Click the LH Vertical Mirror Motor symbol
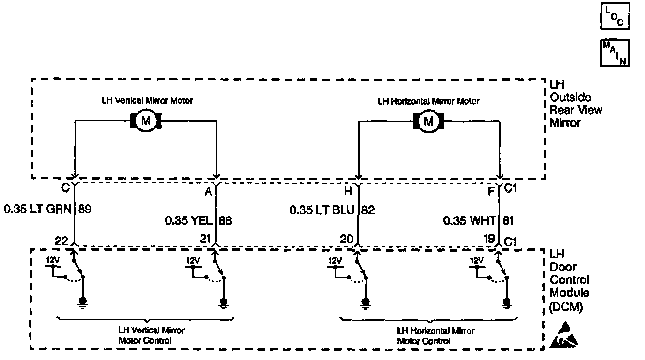point(146,121)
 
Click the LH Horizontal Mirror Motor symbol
point(428,121)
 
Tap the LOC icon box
point(615,17)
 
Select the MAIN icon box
point(615,52)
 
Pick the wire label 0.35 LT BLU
point(322,210)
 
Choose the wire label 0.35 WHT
point(470,220)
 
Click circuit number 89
point(85,209)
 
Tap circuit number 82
point(368,210)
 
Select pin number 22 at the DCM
point(61,240)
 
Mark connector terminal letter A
point(208,192)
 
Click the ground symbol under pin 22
point(83,302)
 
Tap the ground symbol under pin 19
point(506,302)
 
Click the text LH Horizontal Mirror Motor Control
point(428,336)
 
